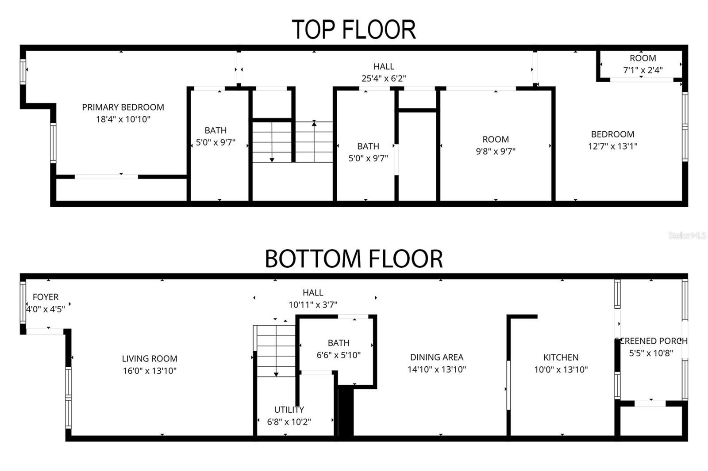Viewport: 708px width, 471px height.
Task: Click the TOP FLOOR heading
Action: pyautogui.click(x=354, y=30)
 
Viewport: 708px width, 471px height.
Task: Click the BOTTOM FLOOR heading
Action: pyautogui.click(x=354, y=259)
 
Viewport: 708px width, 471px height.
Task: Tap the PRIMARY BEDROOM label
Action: pyautogui.click(x=123, y=107)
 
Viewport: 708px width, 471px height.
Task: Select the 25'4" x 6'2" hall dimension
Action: pyautogui.click(x=384, y=79)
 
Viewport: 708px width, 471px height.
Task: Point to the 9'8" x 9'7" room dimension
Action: pyautogui.click(x=496, y=151)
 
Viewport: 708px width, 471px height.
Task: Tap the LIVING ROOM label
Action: pyautogui.click(x=150, y=359)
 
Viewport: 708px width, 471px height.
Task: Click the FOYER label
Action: pyautogui.click(x=46, y=297)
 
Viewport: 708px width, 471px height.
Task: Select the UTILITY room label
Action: pyautogui.click(x=289, y=410)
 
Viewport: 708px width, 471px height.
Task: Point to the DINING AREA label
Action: pyautogui.click(x=437, y=357)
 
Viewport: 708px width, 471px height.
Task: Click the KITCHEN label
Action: pyautogui.click(x=561, y=357)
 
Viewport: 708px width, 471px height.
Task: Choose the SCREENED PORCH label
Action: pyautogui.click(x=651, y=341)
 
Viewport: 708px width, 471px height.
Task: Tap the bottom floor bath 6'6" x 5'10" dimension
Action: pyautogui.click(x=339, y=355)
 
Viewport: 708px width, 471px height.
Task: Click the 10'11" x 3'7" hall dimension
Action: pyautogui.click(x=313, y=304)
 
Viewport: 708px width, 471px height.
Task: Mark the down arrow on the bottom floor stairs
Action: pyautogui.click(x=277, y=374)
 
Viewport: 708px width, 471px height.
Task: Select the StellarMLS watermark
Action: pyautogui.click(x=687, y=235)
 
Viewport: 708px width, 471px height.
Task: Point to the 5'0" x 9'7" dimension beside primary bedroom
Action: pyautogui.click(x=215, y=143)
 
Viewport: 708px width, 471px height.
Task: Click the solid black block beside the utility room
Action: pyautogui.click(x=346, y=413)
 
